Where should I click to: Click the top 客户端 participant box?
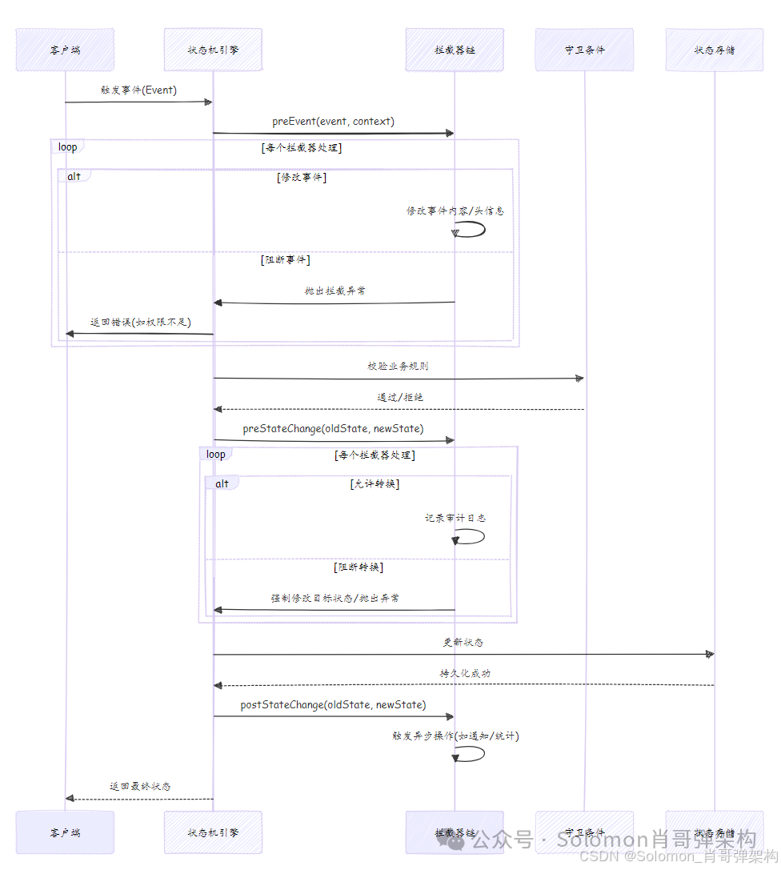coord(65,50)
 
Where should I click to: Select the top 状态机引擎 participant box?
coord(213,50)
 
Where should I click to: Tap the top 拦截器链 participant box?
coord(455,50)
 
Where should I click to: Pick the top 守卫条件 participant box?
coord(584,50)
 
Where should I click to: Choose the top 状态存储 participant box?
coord(715,50)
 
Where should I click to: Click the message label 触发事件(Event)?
coord(138,90)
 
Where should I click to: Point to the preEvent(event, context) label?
coord(333,122)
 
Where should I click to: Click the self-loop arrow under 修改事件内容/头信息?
coord(471,229)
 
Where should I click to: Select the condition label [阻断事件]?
coord(286,260)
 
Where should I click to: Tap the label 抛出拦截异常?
coord(334,291)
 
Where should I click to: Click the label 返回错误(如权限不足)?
coord(140,322)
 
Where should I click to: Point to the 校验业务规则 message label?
coord(398,366)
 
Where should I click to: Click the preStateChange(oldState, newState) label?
coord(333,428)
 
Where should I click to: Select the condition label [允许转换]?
coord(374,483)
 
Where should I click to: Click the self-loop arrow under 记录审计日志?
coord(471,536)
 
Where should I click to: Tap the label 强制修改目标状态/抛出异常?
coord(334,598)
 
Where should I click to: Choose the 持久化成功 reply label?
coord(464,673)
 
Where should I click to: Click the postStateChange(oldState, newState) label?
coord(333,704)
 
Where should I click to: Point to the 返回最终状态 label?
coord(140,786)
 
